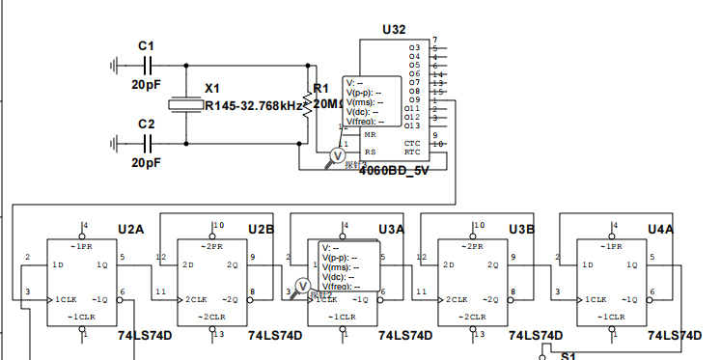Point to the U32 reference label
[394, 30]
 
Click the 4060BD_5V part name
[394, 171]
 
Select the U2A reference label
[130, 229]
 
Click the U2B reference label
[261, 229]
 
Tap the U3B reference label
[522, 229]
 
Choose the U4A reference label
[660, 229]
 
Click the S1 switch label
[568, 355]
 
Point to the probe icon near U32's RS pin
[338, 155]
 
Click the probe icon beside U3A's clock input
[301, 286]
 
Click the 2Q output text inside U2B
[232, 264]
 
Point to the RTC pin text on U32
[412, 152]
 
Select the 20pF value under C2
[147, 163]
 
